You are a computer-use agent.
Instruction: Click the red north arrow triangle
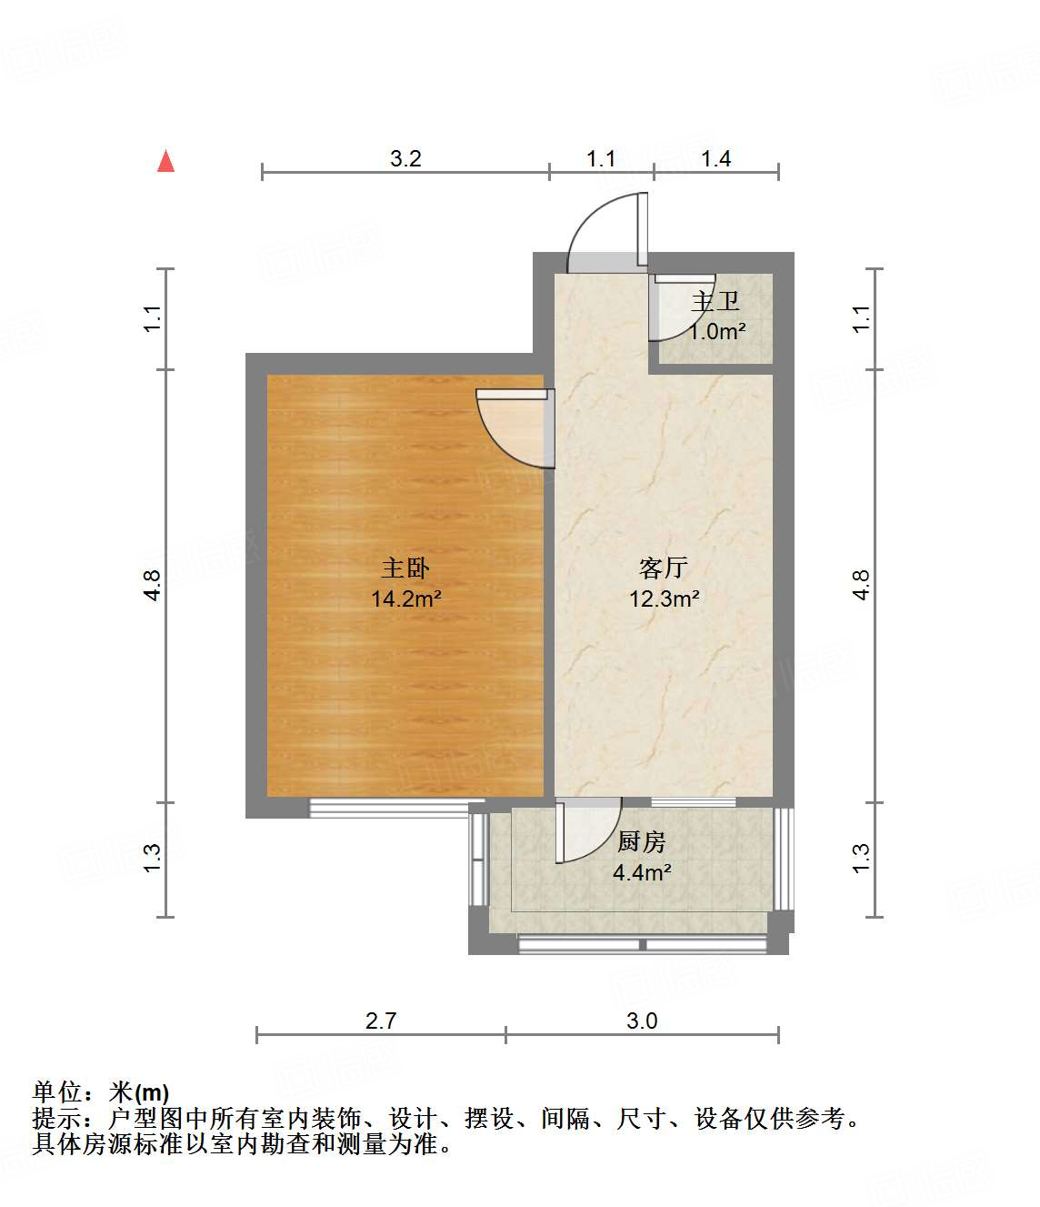coord(165,161)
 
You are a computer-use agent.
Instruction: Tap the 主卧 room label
coord(405,568)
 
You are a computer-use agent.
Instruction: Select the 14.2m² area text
coord(405,598)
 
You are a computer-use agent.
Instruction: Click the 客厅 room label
coord(663,568)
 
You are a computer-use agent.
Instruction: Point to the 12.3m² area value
coord(665,598)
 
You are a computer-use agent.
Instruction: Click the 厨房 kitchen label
coord(642,842)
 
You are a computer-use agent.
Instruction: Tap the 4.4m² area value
coord(642,873)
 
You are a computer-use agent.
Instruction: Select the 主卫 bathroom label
coord(715,301)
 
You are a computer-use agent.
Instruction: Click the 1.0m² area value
coord(717,331)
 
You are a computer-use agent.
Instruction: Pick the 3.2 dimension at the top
coord(405,158)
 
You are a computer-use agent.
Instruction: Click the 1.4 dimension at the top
coord(715,158)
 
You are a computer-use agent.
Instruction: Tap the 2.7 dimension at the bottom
coord(381,1021)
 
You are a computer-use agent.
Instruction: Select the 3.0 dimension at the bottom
coord(642,1021)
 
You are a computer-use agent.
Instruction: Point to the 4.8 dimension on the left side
coord(153,584)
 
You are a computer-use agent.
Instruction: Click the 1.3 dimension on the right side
coord(861,858)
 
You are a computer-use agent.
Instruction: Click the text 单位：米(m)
coord(101,1092)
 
